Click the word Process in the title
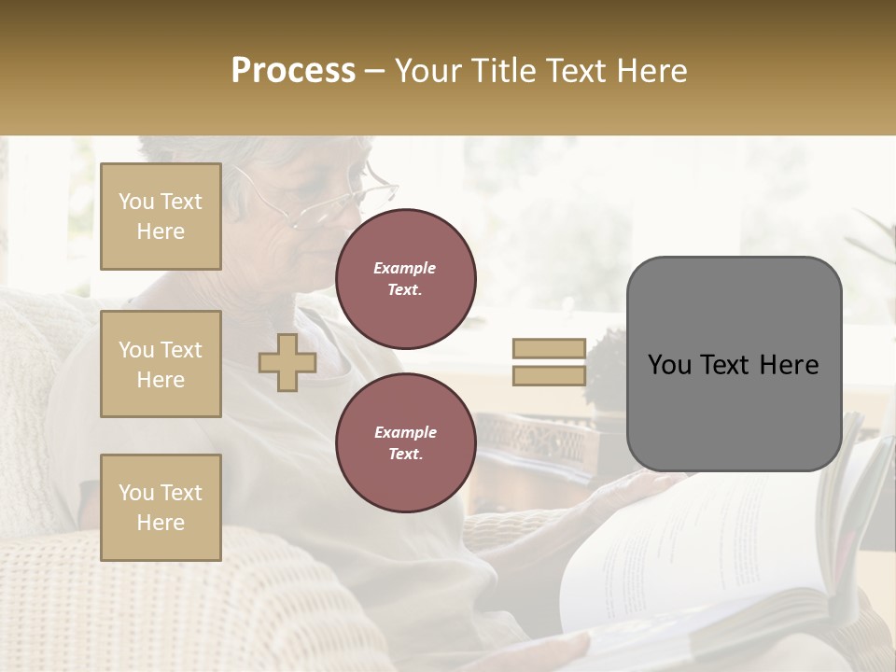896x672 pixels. coord(293,71)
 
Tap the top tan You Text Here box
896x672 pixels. coord(161,217)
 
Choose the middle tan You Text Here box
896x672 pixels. coord(161,364)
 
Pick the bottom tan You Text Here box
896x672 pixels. coord(161,507)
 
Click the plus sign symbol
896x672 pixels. coord(287,362)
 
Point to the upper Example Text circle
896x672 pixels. coord(405,279)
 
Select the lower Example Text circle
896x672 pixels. coord(405,443)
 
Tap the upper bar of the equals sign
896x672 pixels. coord(549,348)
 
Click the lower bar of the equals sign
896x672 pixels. coord(549,375)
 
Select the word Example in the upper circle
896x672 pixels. coord(405,268)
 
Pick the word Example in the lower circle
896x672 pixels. coord(405,432)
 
